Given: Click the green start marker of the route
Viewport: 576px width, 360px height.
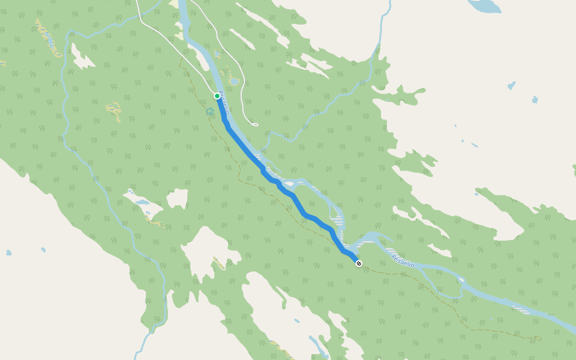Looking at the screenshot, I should pyautogui.click(x=217, y=96).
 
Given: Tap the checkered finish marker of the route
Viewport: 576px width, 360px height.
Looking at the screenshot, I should pyautogui.click(x=359, y=263).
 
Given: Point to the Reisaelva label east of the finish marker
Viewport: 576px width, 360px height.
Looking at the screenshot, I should pyautogui.click(x=403, y=260).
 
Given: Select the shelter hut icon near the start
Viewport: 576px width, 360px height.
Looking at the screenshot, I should pyautogui.click(x=210, y=112).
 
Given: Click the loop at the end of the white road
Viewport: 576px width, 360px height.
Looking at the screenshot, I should pyautogui.click(x=254, y=124).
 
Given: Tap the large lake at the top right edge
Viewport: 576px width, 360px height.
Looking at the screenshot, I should pyautogui.click(x=485, y=5).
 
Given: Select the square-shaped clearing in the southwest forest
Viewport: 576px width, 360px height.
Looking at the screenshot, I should pyautogui.click(x=178, y=198).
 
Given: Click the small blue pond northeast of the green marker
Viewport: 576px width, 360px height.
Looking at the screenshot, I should pyautogui.click(x=234, y=81).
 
